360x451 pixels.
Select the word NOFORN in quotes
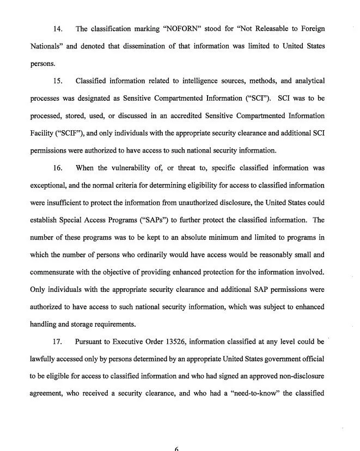(x=170, y=28)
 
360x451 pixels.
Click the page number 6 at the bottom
(x=177, y=448)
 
